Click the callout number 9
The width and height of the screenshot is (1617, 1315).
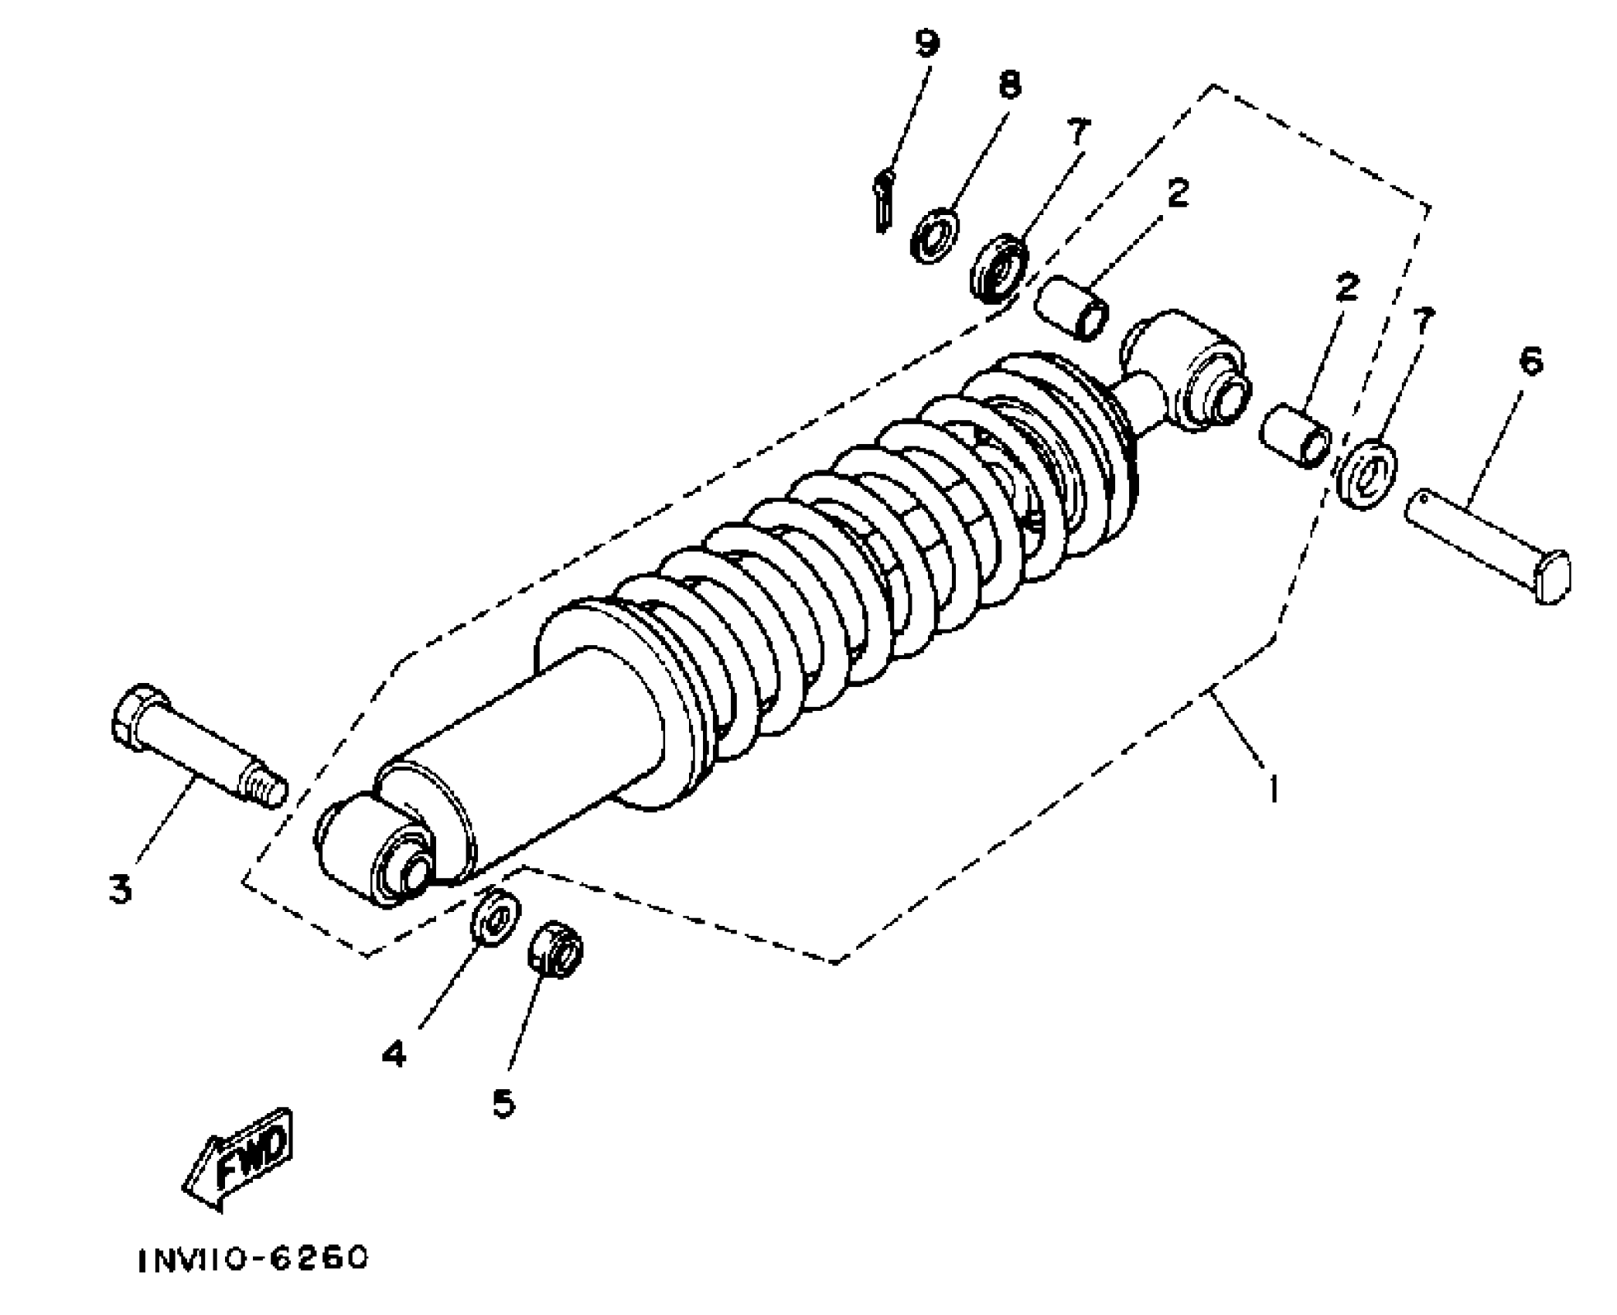click(x=927, y=44)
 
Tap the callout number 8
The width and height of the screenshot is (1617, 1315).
click(x=1009, y=85)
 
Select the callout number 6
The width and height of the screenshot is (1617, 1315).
click(x=1530, y=361)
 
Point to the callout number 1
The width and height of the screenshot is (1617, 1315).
click(x=1273, y=790)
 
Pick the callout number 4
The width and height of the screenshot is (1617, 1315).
click(x=394, y=1053)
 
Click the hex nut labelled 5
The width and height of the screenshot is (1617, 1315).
click(x=555, y=948)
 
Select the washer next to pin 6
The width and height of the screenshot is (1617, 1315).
click(x=1366, y=473)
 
